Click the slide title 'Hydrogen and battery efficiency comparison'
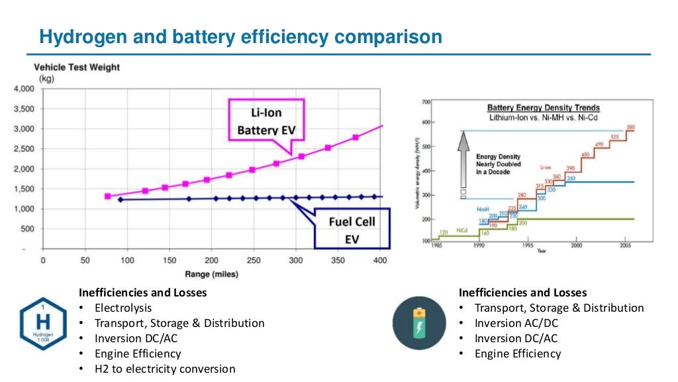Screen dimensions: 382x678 pyautogui.click(x=240, y=36)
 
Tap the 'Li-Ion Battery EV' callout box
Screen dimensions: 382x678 pyautogui.click(x=266, y=119)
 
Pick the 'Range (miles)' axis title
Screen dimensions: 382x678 pyautogui.click(x=211, y=273)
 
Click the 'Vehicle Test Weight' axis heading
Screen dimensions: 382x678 pyautogui.click(x=77, y=67)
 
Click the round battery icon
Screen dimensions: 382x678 pyautogui.click(x=418, y=323)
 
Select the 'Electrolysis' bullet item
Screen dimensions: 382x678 pyautogui.click(x=122, y=308)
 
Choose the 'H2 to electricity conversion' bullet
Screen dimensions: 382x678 pyautogui.click(x=164, y=369)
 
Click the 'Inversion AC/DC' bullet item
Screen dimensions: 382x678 pyautogui.click(x=516, y=323)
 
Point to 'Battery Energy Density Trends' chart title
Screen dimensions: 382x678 pyautogui.click(x=544, y=107)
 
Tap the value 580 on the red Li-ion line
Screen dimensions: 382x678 pyautogui.click(x=630, y=127)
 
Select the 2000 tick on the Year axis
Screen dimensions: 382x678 pyautogui.click(x=576, y=245)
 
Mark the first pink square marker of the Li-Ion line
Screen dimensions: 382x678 pyautogui.click(x=108, y=196)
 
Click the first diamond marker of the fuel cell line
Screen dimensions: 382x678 pyautogui.click(x=120, y=200)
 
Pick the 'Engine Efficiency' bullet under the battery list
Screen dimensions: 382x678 pyautogui.click(x=517, y=353)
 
